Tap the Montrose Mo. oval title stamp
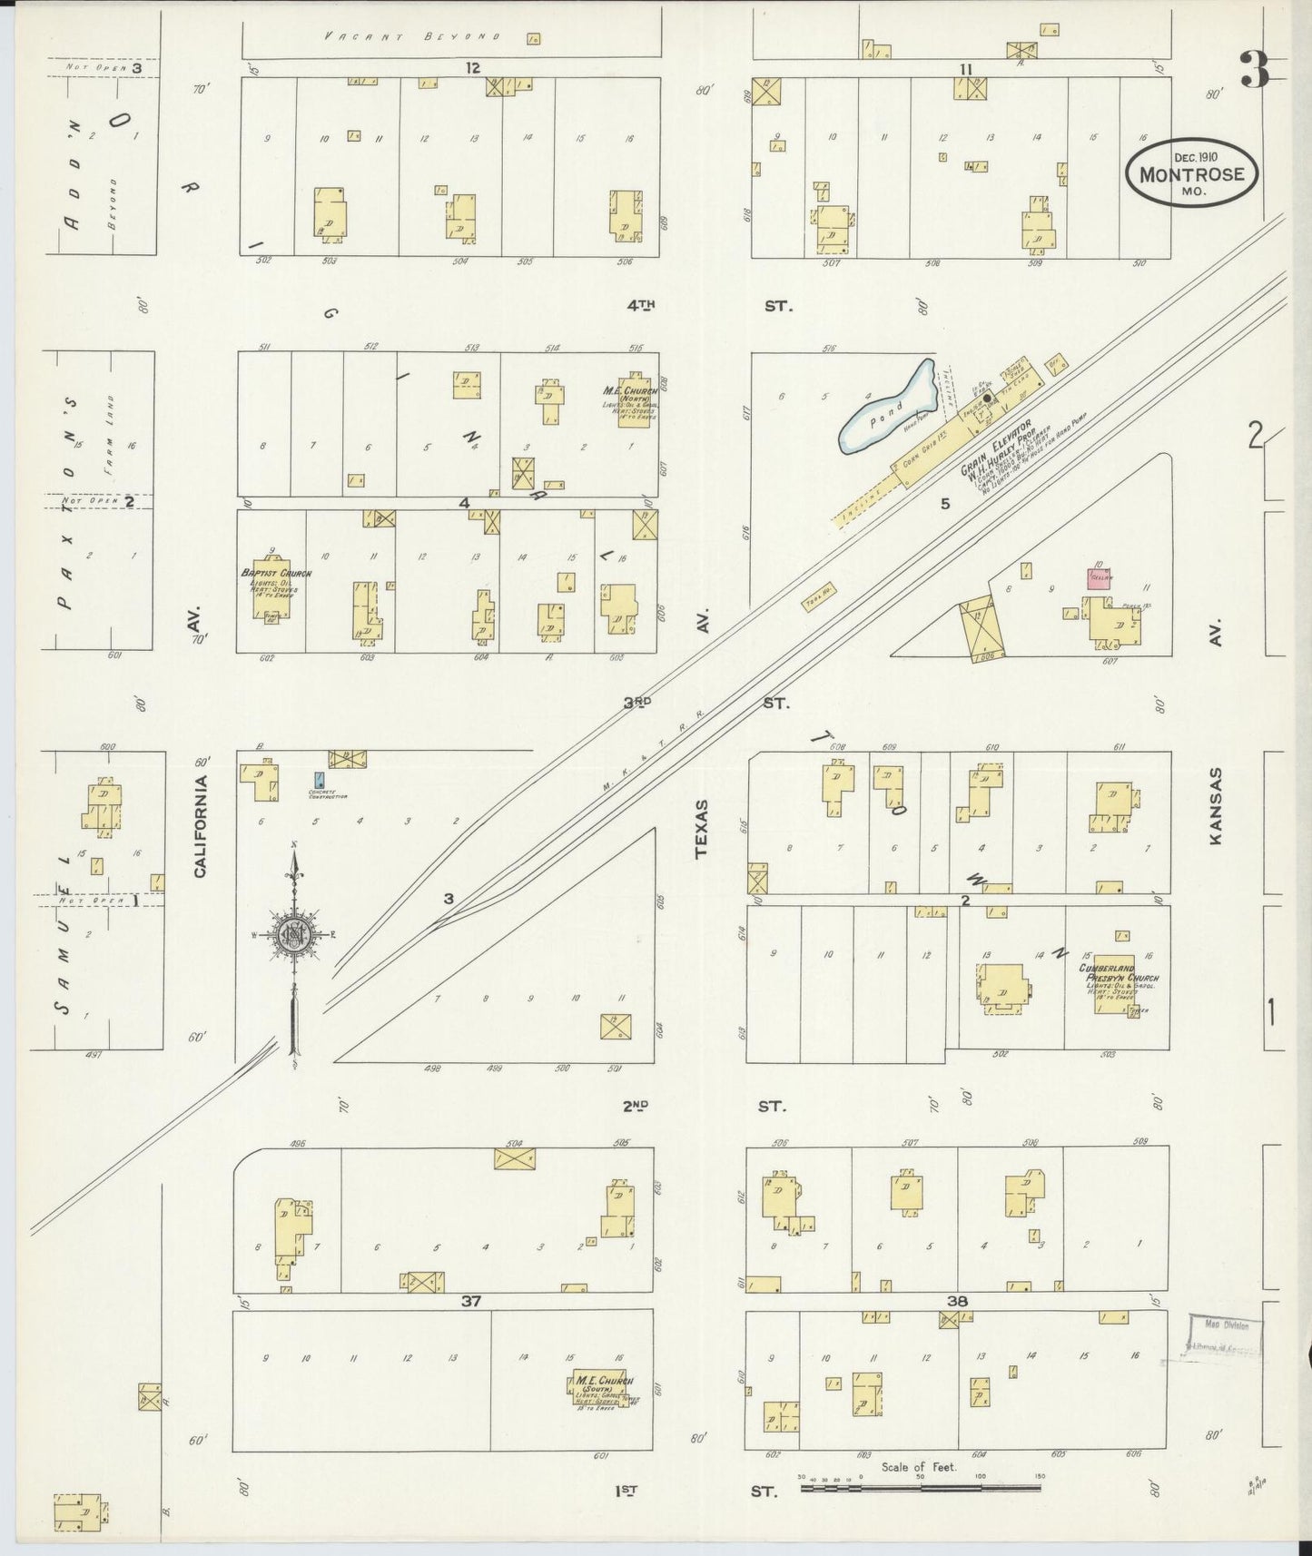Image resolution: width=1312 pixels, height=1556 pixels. (x=1191, y=172)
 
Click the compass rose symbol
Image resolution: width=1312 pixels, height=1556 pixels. (x=294, y=936)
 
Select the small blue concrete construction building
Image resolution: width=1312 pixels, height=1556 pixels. (x=319, y=779)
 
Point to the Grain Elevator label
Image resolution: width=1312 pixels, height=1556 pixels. (x=997, y=448)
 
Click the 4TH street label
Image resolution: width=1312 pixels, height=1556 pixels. (x=641, y=306)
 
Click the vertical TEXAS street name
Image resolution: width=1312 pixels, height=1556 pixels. (x=701, y=828)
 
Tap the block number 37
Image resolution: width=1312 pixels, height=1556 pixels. (x=470, y=1301)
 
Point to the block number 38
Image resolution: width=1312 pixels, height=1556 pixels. (x=957, y=1301)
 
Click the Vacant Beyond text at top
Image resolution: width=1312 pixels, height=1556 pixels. (x=412, y=36)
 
